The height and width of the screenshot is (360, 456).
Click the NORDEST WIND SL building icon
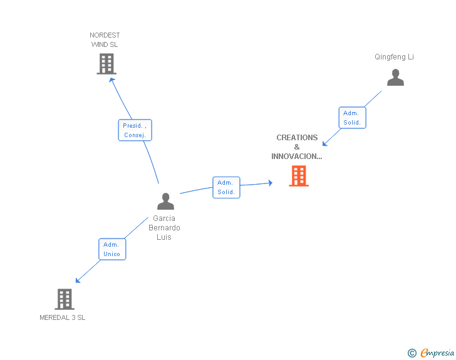[x=106, y=64]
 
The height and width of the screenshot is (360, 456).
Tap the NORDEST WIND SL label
[x=105, y=40]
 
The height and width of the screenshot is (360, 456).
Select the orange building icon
[x=299, y=176]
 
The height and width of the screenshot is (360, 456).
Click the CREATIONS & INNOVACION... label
[x=297, y=147]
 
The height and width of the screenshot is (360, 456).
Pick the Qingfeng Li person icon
[x=395, y=78]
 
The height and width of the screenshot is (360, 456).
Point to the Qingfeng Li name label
[x=394, y=57]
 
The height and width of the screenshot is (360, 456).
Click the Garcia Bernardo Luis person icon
[x=165, y=201]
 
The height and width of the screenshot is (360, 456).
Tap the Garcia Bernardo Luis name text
[x=164, y=228]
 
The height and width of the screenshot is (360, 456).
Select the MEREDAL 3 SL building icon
[x=65, y=299]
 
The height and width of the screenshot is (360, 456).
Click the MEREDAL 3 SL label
[x=63, y=317]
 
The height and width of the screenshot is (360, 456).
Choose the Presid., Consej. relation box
[x=135, y=130]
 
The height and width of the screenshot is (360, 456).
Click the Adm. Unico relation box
[x=112, y=249]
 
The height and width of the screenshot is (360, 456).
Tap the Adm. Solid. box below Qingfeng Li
[x=352, y=118]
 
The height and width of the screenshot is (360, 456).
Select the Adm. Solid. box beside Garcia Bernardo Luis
[x=226, y=187]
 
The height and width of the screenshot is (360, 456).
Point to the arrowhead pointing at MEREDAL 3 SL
[x=78, y=280]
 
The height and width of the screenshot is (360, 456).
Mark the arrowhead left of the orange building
[x=270, y=183]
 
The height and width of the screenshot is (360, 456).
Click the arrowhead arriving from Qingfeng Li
[x=324, y=145]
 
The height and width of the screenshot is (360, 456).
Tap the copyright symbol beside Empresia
[x=412, y=354]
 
